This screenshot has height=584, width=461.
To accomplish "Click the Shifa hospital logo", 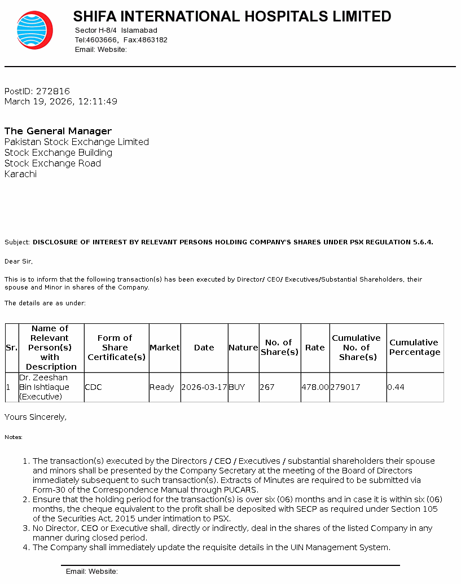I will coord(34,30).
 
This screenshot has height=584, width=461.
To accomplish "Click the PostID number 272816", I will coord(53,91).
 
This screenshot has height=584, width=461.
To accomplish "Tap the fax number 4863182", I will coord(153,40).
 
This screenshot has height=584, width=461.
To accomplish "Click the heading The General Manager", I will coord(58,131).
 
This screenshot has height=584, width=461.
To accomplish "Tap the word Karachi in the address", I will coord(20,174).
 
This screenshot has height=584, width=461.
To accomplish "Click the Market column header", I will coord(164,348).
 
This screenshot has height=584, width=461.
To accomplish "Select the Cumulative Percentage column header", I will coord(415,347).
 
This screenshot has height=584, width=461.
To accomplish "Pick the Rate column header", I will coord(315,348).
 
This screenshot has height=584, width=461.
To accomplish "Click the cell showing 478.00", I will coord(315,387).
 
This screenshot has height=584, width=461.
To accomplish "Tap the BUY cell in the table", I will coord(237,387).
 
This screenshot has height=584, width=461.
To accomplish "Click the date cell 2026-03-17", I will coord(204,387).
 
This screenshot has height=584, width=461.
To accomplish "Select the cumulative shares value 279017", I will coord(345,387).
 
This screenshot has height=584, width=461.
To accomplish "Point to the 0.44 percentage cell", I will coord(396,387).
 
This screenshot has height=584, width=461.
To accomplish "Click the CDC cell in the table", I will coord(93,387).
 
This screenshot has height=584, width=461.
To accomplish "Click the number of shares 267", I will coord(267,387).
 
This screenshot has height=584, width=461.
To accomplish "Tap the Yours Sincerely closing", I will coord(36,417).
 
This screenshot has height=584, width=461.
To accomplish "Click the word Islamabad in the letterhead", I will coord(139,30).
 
